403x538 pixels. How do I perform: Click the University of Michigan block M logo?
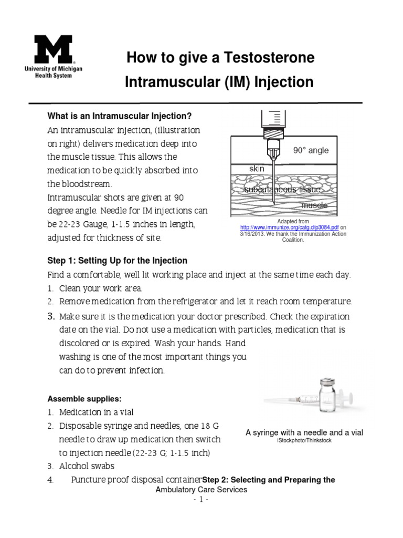tap(53, 50)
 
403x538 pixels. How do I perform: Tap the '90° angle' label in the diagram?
tap(311, 150)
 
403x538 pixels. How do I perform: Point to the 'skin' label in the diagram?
tap(257, 169)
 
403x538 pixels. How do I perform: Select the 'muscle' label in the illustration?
tap(314, 205)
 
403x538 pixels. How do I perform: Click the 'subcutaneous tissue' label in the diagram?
tap(282, 189)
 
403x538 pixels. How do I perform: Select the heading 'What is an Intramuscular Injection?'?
tap(120, 116)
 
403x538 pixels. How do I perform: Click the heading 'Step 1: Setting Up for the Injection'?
tap(117, 261)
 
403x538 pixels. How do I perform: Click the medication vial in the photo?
tap(327, 397)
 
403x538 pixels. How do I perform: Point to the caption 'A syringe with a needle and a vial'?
tap(304, 432)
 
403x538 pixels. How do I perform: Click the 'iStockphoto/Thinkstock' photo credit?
tap(304, 441)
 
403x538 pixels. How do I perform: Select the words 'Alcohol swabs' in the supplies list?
tap(87, 466)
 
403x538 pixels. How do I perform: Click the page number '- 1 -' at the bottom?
tap(201, 500)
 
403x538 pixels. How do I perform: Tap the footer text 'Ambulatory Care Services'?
tap(201, 489)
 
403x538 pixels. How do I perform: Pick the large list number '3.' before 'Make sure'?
tap(51, 316)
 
